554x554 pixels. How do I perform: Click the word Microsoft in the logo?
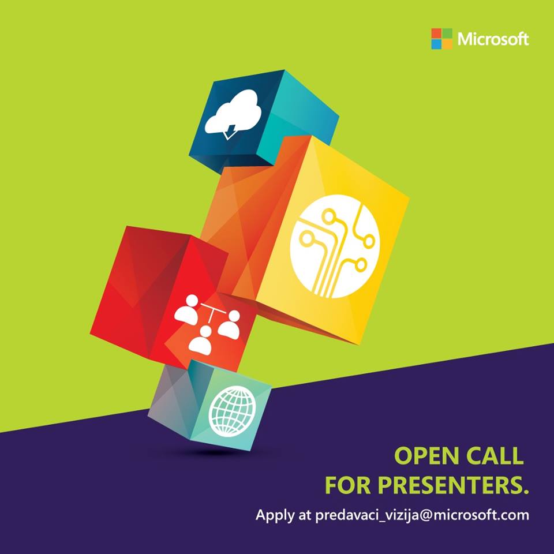pyautogui.click(x=493, y=39)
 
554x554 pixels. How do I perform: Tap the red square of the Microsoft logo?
pyautogui.click(x=436, y=33)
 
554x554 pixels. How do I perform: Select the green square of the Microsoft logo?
pyautogui.click(x=447, y=33)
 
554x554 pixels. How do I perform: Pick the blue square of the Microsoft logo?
pyautogui.click(x=436, y=44)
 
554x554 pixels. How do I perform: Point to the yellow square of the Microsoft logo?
pyautogui.click(x=447, y=44)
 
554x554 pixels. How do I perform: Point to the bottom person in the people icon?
pyautogui.click(x=201, y=340)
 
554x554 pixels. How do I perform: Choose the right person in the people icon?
pyautogui.click(x=229, y=324)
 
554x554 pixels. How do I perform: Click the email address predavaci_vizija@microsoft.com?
pyautogui.click(x=421, y=515)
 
